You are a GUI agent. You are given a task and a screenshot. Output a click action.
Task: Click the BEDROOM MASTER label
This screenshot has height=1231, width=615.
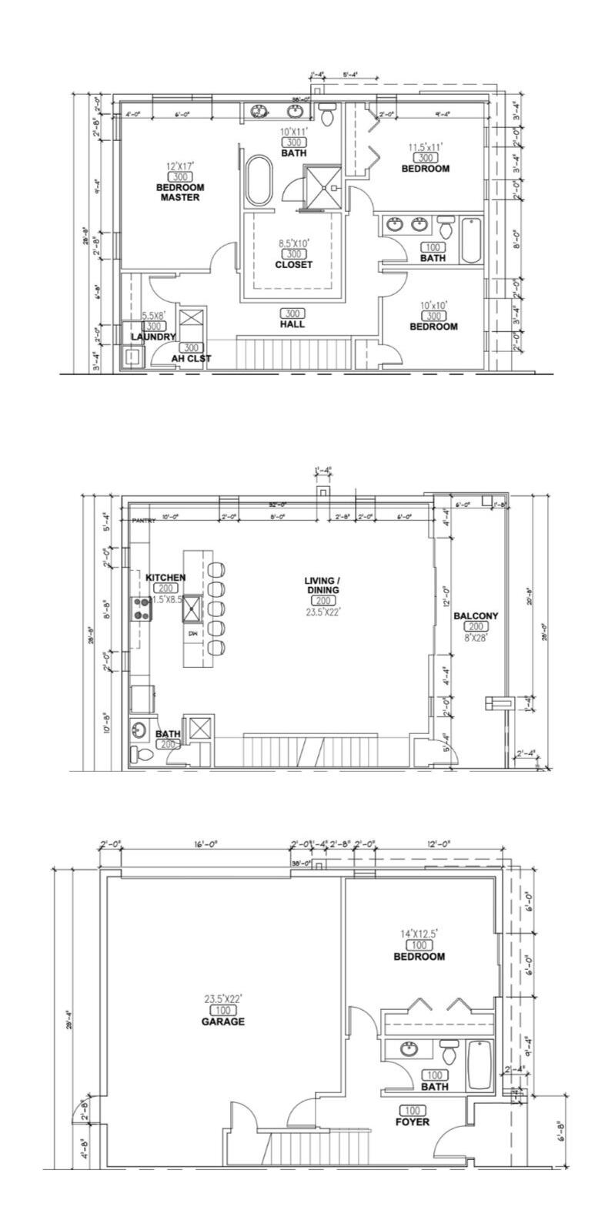[x=180, y=192]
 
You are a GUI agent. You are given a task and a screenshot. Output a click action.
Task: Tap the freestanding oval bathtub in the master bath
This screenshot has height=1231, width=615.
[x=259, y=181]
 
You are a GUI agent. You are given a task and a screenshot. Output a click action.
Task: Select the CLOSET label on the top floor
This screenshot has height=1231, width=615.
[x=293, y=264]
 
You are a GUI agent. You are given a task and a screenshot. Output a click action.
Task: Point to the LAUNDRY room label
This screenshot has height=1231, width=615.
[x=153, y=337]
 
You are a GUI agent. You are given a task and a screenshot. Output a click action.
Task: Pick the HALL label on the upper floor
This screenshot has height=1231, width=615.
[x=292, y=324]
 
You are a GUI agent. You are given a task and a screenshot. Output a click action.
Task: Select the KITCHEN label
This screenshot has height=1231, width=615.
[x=165, y=577]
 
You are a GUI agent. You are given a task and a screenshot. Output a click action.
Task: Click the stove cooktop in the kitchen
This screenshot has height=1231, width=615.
[x=142, y=609]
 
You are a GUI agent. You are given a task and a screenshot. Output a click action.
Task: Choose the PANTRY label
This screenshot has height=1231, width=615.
[x=143, y=521]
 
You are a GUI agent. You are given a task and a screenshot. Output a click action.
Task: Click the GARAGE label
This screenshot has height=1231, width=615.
[x=223, y=1021]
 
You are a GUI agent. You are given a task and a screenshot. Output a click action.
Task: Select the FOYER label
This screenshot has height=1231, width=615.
[x=413, y=1122]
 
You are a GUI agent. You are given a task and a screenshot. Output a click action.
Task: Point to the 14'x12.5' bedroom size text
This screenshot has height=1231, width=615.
[x=419, y=934]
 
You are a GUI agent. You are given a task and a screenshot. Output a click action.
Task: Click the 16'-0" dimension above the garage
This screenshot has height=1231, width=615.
[x=206, y=844]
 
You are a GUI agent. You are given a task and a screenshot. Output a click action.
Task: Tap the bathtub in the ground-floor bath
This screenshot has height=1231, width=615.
[x=480, y=1065]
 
